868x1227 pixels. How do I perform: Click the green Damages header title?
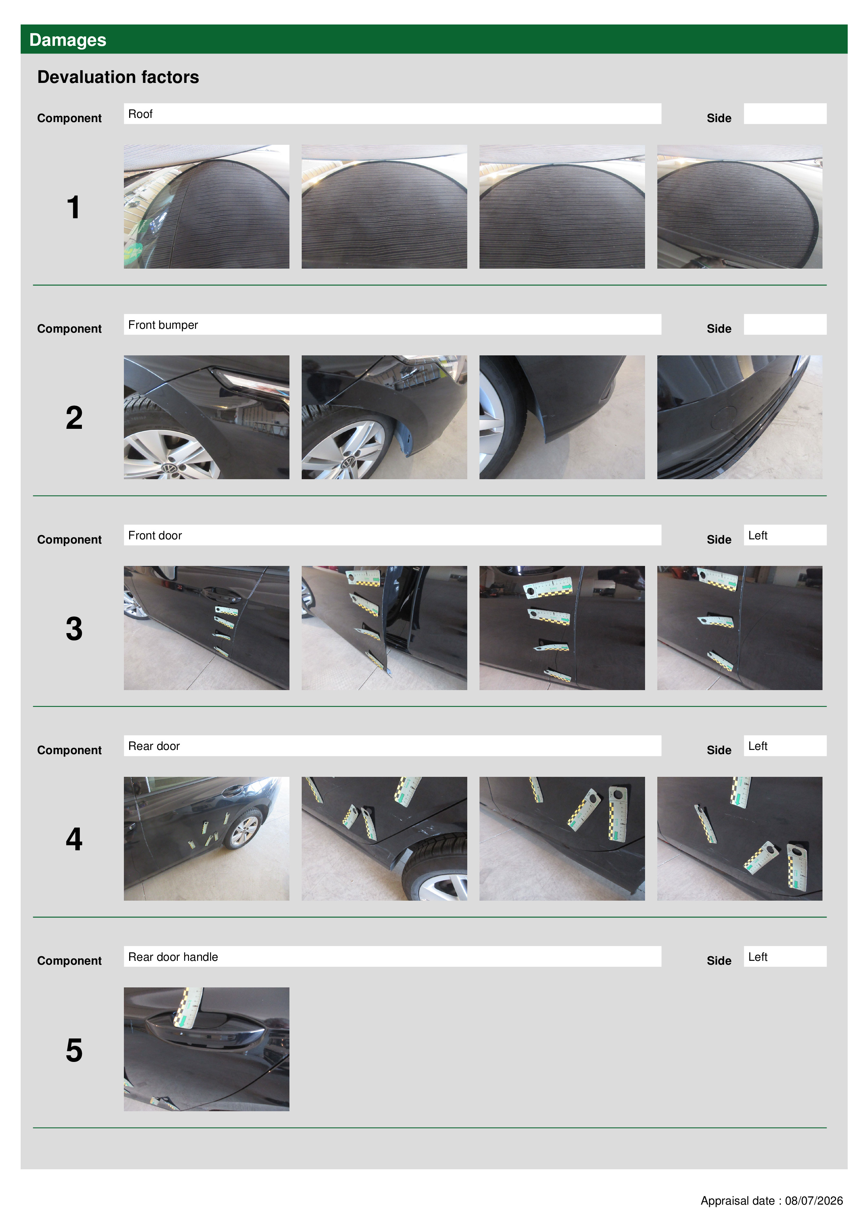point(68,40)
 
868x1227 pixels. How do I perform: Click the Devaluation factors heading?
point(118,77)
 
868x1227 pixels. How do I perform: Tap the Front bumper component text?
point(163,325)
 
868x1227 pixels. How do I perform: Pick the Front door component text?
point(155,536)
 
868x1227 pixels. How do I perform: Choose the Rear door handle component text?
point(173,957)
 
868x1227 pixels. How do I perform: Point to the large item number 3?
point(74,629)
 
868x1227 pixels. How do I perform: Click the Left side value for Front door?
point(758,536)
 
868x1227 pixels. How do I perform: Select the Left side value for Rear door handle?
point(758,957)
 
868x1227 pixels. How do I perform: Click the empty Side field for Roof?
point(785,114)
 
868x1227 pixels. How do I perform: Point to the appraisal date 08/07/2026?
point(813,1201)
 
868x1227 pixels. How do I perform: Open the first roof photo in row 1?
point(206,206)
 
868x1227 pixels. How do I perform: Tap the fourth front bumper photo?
point(740,417)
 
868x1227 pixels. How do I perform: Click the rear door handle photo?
point(206,1049)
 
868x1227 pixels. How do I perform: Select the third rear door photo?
point(562,838)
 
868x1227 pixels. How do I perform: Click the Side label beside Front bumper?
point(719,329)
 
